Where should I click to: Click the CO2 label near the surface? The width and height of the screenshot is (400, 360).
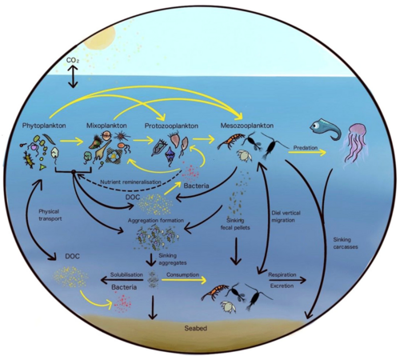[x=73, y=61]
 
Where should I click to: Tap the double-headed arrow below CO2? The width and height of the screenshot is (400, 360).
[x=73, y=77]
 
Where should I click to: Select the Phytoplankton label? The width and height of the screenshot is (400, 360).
[x=44, y=126]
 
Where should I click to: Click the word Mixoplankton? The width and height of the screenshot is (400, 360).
[x=106, y=126]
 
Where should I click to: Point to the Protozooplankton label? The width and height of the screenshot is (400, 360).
[x=171, y=126]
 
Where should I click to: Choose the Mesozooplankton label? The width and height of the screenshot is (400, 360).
[x=247, y=126]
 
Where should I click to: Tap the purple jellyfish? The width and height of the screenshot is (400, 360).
[x=356, y=142]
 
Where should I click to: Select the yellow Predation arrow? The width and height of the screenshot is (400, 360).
[x=307, y=153]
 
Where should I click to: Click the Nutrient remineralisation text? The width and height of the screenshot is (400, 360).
[x=130, y=182]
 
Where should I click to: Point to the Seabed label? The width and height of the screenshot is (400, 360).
[x=196, y=328]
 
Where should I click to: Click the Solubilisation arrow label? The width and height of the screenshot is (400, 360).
[x=126, y=274]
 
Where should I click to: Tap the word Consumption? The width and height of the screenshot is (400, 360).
[x=182, y=274]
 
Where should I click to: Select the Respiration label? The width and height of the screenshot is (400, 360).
[x=282, y=274]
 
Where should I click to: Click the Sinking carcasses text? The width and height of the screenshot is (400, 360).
[x=346, y=243]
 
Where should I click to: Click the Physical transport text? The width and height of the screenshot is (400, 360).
[x=50, y=215]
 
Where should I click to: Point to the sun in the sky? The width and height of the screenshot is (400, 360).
[x=99, y=38]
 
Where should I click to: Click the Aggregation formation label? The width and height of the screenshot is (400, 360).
[x=156, y=221]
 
